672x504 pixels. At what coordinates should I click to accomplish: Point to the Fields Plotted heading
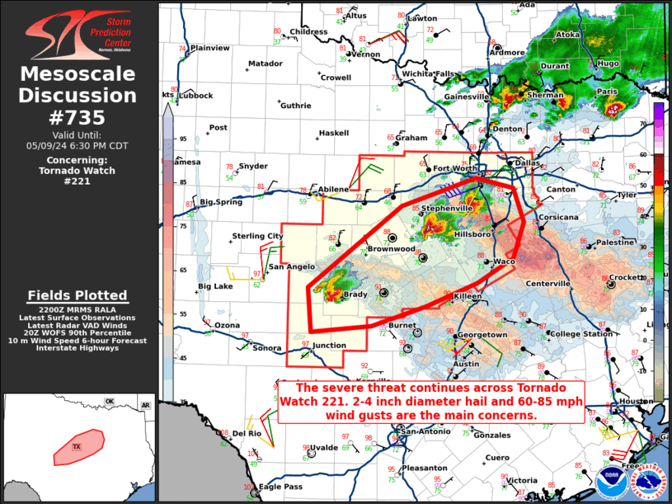point(78,295)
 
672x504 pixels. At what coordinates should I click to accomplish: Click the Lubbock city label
point(196,96)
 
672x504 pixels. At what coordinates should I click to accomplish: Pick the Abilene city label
point(334,189)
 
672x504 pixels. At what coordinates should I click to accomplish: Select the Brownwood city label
point(391,248)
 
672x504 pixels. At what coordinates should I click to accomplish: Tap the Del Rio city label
point(247,433)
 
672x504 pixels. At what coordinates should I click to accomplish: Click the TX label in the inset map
point(77,446)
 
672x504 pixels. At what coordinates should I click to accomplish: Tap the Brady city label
point(356,294)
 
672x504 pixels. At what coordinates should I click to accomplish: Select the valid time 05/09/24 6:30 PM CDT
point(78,145)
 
